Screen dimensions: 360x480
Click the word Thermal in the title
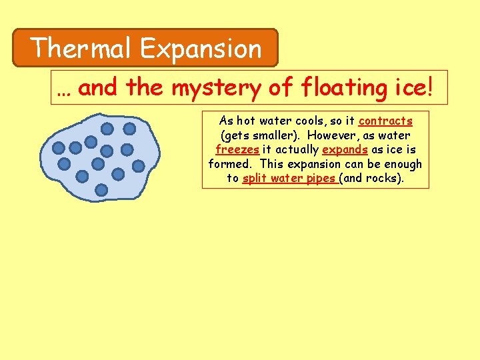point(82,49)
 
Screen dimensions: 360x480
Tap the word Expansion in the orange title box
point(201,49)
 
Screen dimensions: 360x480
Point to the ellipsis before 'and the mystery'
point(65,89)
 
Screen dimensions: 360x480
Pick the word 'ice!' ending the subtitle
point(417,87)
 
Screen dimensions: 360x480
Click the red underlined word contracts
point(385,121)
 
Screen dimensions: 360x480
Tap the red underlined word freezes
point(237,150)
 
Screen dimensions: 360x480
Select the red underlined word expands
point(345,150)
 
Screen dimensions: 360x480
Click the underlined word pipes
point(321,179)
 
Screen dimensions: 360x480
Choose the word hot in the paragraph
point(246,121)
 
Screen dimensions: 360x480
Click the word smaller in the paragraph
point(270,136)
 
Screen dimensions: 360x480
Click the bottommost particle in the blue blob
point(101,190)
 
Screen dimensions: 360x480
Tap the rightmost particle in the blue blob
point(139,165)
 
